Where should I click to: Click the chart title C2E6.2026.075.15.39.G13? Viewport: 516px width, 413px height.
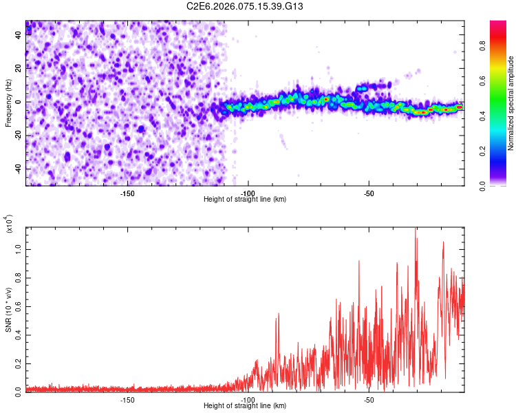[245, 6]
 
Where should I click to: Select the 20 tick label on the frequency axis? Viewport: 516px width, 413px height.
[19, 68]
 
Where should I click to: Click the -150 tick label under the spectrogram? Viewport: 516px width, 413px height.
[127, 193]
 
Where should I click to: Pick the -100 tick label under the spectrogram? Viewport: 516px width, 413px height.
[248, 193]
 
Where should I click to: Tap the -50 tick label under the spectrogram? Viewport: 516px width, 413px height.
[369, 193]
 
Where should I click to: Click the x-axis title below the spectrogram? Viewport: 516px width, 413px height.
[245, 200]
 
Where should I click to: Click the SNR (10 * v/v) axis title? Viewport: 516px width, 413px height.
[8, 310]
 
